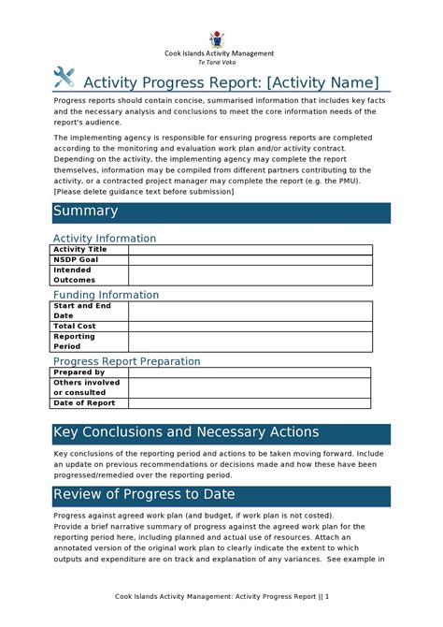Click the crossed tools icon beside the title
(64, 79)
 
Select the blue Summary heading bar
(221, 212)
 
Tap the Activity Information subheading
(104, 239)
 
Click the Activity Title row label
(80, 250)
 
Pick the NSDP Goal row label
(76, 259)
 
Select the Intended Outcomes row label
(75, 274)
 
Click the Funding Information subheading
(106, 295)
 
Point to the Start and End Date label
(82, 311)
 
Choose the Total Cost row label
(75, 326)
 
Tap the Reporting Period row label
(75, 341)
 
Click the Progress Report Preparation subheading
(126, 361)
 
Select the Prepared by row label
(79, 372)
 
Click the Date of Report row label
(84, 403)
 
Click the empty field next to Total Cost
(250, 326)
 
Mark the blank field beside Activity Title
(250, 250)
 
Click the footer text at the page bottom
(221, 596)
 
